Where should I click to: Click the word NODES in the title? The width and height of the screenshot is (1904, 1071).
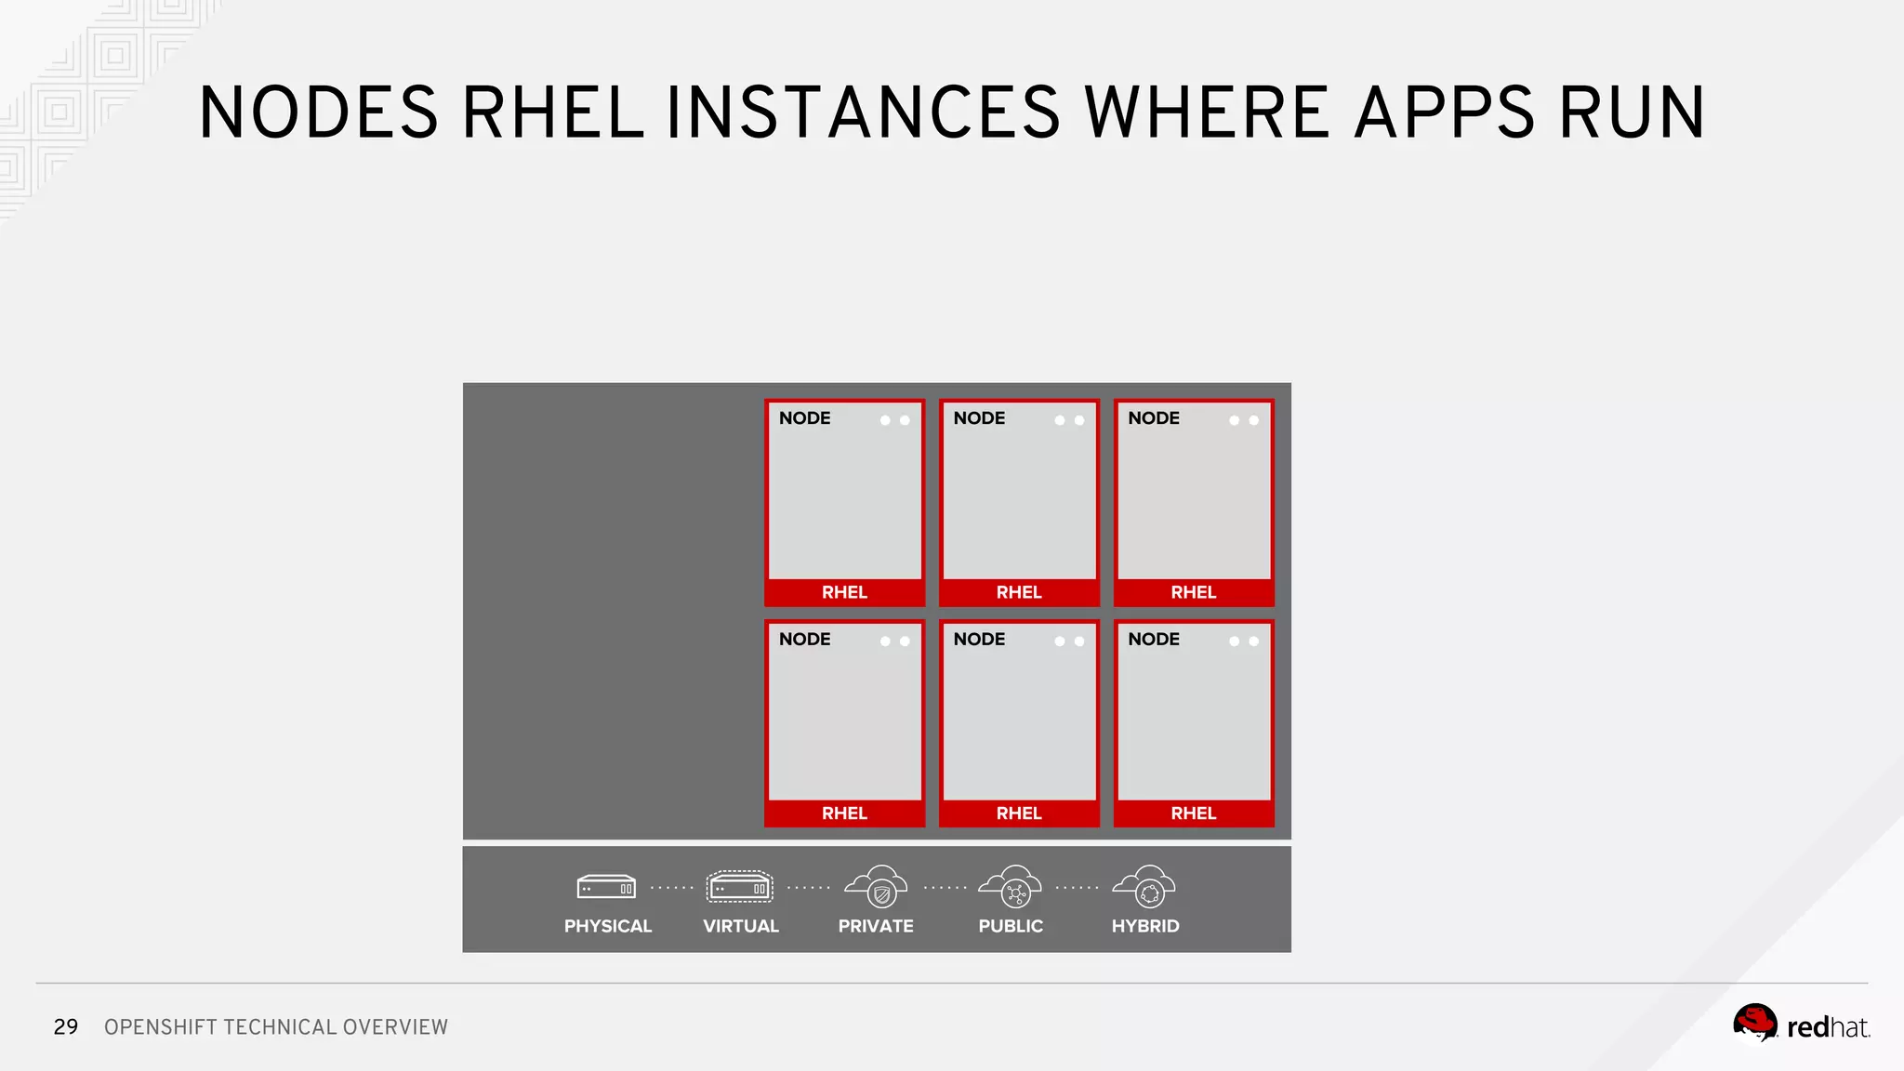318,113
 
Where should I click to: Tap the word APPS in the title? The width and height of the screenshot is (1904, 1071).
1444,113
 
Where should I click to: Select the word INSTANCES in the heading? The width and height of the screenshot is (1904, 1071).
863,113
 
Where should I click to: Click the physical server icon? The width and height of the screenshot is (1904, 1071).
606,888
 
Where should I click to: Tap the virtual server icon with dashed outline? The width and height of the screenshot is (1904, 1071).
739,888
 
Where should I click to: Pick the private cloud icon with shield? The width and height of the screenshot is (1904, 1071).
876,887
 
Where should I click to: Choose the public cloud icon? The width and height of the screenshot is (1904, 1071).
1011,887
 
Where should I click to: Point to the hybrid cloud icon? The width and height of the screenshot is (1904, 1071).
1145,887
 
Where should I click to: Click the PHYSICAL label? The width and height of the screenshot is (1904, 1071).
608,926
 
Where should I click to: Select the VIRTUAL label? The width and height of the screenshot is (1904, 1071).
741,926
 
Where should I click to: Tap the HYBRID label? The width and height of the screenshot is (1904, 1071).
1145,926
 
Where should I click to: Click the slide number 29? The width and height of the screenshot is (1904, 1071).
66,1027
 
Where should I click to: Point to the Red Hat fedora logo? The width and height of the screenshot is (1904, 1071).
1755,1024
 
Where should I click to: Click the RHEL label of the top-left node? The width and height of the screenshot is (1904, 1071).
844,592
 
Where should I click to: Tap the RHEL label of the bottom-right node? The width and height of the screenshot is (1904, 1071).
1194,813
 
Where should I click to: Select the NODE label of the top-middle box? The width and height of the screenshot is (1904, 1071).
979,418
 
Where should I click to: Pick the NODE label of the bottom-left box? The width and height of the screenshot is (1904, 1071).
805,640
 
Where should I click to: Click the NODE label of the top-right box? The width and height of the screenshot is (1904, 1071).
1154,418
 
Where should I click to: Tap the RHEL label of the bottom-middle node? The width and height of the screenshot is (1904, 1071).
1019,813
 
